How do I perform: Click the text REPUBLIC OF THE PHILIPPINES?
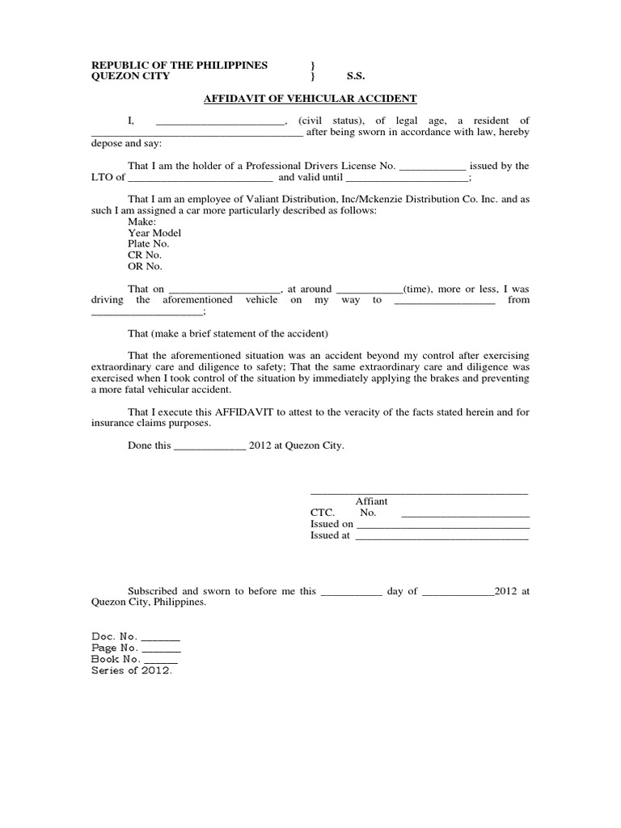point(179,65)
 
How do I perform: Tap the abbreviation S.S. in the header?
point(356,76)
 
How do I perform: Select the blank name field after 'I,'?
point(220,121)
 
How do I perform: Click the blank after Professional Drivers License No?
point(433,166)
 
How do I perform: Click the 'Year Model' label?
point(154,233)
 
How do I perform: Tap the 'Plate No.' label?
point(148,244)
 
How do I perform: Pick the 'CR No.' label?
point(145,255)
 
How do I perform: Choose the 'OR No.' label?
point(145,266)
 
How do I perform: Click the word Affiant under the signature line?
point(371,501)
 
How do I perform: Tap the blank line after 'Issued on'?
point(442,524)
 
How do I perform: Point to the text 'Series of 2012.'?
point(132,671)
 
